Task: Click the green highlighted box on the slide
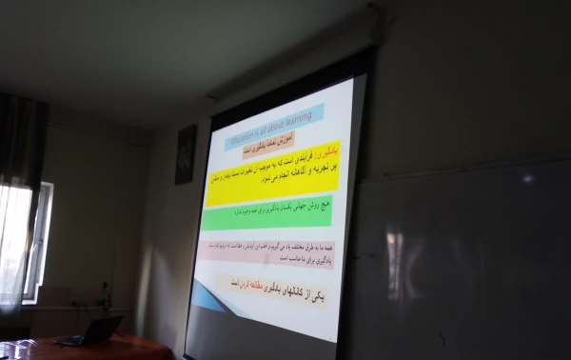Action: coord(268,212)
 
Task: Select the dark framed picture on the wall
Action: coord(186,154)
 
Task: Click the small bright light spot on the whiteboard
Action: coord(528,178)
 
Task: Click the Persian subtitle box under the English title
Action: coord(255,143)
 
